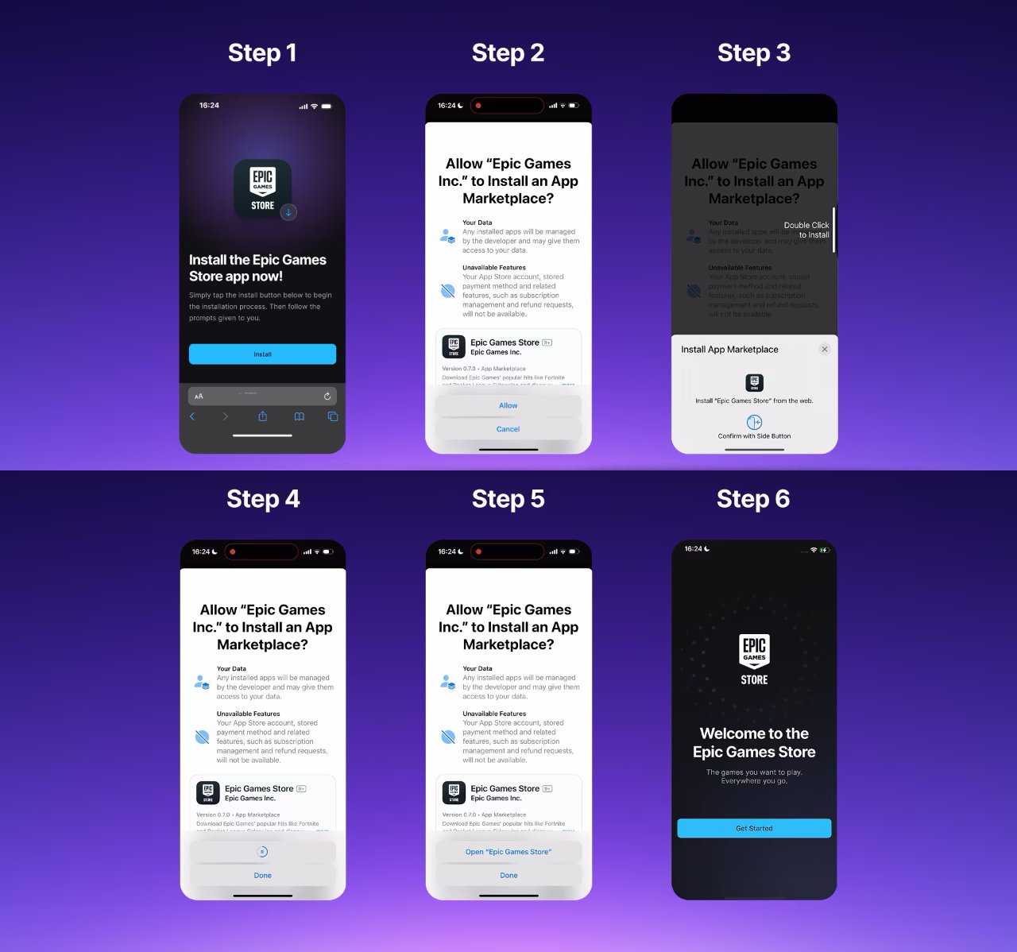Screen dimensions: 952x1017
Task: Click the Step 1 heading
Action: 262,52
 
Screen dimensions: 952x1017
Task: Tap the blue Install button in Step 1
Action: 262,354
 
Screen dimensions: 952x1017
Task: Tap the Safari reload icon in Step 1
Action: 327,396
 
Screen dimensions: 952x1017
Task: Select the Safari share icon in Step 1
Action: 263,416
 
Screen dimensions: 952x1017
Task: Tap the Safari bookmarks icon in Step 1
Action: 299,416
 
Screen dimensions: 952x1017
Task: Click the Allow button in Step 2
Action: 508,405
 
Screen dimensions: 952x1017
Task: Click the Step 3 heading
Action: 754,52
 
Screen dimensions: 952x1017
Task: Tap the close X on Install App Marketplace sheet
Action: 825,349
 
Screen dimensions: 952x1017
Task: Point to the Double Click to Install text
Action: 806,230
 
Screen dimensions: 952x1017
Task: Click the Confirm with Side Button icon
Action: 754,423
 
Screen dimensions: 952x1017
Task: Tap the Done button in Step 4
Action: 263,875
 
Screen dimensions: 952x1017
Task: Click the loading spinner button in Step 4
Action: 263,852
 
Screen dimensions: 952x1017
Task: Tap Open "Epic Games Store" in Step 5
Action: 508,852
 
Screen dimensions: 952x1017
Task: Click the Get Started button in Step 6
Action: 754,828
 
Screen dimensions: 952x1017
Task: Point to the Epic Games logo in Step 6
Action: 754,660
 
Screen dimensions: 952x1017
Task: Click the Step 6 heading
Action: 753,498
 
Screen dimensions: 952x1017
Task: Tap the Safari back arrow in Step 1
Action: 192,416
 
